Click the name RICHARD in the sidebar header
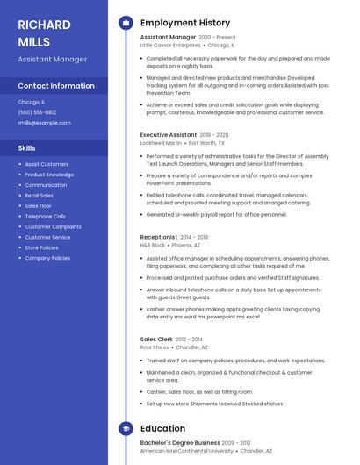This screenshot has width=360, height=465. click(x=44, y=25)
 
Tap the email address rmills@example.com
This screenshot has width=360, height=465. click(x=44, y=123)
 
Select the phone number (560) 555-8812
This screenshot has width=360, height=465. click(x=37, y=112)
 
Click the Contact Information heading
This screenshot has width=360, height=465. click(x=56, y=86)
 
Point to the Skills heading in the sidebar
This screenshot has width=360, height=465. click(x=27, y=148)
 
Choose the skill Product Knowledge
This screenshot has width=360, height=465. click(x=49, y=175)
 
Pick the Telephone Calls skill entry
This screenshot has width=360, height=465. click(x=45, y=216)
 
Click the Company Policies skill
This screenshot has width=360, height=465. click(x=47, y=258)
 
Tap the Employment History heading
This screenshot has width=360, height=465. click(x=184, y=23)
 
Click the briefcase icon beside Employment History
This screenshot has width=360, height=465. click(x=126, y=23)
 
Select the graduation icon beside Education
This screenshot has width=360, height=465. click(x=126, y=428)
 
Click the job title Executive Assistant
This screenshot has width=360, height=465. click(x=168, y=135)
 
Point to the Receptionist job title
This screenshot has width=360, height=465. click(x=159, y=237)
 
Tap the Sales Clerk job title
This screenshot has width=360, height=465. click(x=156, y=339)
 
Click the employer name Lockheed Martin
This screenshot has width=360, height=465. click(x=161, y=142)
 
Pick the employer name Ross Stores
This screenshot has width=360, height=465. click(x=155, y=347)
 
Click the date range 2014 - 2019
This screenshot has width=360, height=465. click(x=194, y=237)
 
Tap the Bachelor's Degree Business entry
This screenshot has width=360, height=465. click(x=180, y=443)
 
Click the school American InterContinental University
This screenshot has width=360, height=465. click(x=187, y=451)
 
